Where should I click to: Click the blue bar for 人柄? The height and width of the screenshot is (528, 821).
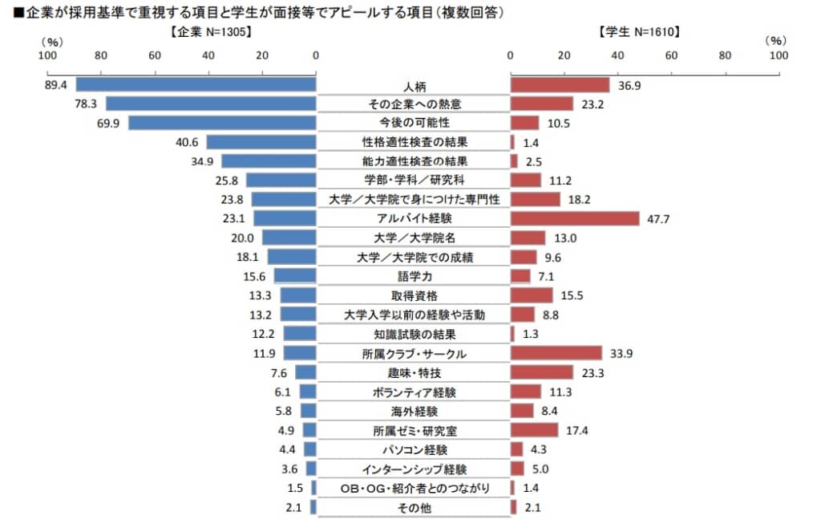[x=196, y=84]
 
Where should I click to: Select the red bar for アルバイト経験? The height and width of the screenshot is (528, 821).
[x=574, y=218]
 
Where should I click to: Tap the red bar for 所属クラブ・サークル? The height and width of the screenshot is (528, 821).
[x=556, y=353]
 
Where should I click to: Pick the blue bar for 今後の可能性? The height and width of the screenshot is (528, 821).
[x=222, y=123]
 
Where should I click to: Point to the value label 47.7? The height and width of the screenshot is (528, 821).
[x=659, y=219]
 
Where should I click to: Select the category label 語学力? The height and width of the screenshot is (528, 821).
[x=414, y=276]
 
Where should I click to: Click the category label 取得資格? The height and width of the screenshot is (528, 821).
[x=414, y=295]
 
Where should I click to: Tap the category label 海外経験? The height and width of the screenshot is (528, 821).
[x=414, y=412]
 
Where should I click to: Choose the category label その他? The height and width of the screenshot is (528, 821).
[x=414, y=508]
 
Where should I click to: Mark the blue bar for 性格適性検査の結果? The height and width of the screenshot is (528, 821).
[x=261, y=142]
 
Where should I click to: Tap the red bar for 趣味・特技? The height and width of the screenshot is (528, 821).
[x=541, y=372]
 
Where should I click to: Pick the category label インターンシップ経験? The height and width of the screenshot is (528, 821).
[x=414, y=469]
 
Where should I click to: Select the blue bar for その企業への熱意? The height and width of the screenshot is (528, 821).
[x=211, y=104]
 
